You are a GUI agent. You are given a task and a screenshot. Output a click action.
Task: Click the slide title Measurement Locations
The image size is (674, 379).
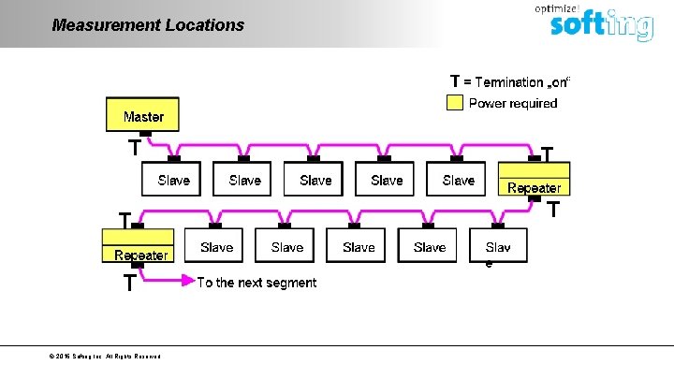pos(148,25)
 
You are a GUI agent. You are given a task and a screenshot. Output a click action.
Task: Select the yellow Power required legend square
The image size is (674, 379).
pos(454,103)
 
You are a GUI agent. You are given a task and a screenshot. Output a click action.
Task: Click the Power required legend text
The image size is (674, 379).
pos(512,103)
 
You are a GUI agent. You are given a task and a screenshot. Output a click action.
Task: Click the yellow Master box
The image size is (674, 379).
pos(142,116)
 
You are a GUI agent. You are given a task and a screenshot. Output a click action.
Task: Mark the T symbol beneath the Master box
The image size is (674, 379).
pos(135,148)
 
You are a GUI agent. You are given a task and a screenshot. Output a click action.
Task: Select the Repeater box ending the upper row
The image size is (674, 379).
pos(533,179)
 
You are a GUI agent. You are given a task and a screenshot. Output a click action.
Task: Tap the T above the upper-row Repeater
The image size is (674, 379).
pos(548,152)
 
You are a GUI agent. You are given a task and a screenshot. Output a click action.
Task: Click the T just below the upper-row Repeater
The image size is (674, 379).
pos(553,210)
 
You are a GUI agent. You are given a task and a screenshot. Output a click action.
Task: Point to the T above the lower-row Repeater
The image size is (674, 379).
pos(124,218)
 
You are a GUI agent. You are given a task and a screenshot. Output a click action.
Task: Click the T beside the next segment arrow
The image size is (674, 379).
pos(129,284)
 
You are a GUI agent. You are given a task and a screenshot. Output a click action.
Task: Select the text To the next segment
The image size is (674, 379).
pos(256,283)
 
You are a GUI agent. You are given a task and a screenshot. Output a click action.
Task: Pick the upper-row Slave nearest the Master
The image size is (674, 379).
pos(173,180)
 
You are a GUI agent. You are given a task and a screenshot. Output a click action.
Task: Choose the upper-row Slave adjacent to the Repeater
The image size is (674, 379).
pos(458,180)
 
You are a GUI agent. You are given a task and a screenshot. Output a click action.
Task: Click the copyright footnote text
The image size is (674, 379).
pos(106,357)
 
